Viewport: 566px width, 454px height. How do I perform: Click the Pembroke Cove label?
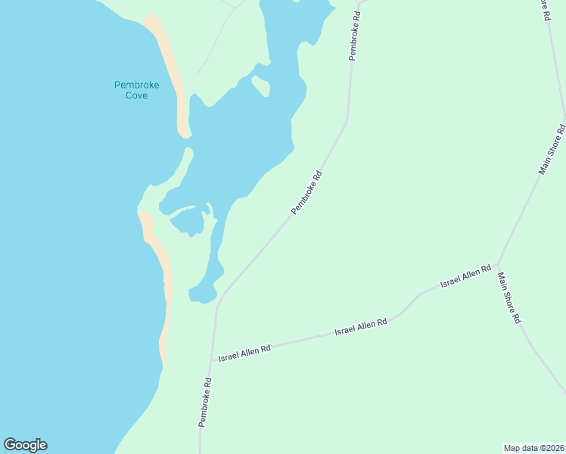pos(136,90)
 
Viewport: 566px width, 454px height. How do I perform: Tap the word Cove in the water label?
pos(136,96)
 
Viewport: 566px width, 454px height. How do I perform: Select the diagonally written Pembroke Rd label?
pos(307,192)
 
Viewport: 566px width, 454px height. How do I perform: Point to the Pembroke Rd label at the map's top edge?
pos(354,36)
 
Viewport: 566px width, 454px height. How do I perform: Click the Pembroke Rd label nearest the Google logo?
pos(204,402)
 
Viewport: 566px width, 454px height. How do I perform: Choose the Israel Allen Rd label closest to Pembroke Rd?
pos(244,353)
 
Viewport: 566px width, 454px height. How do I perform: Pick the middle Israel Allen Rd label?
pos(361,327)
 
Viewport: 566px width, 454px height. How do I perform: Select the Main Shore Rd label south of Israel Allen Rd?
pos(509,298)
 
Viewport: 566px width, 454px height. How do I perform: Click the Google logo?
pos(25,445)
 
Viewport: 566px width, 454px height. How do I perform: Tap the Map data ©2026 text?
pos(533,448)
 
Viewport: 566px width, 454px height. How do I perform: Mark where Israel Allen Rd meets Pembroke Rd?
pos(213,354)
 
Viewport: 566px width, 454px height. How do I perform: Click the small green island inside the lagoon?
pos(261,86)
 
